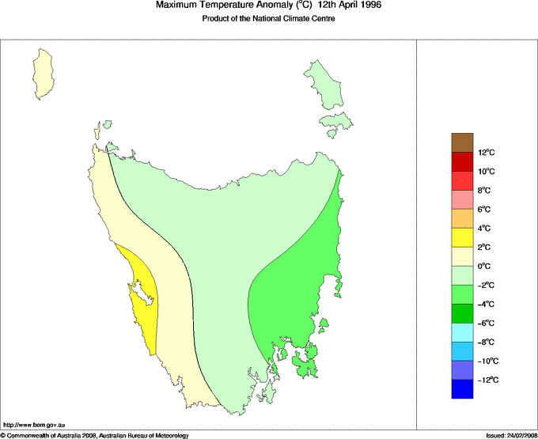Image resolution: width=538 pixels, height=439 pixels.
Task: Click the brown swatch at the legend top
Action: tap(463, 142)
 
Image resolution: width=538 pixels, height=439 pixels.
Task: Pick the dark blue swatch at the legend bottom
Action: tap(463, 389)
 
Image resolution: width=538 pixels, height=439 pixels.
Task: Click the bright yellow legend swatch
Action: tap(463, 237)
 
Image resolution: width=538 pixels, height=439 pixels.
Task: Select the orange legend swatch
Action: tap(463, 218)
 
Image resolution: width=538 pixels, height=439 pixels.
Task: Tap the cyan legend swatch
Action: tap(463, 332)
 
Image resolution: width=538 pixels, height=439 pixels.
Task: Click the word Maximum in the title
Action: tap(178, 6)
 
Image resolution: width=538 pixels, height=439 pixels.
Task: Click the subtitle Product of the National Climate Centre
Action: tap(268, 19)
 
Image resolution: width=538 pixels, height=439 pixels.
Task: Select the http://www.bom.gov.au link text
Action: tap(32, 425)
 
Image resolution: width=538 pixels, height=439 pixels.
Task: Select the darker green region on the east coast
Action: tap(293, 293)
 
